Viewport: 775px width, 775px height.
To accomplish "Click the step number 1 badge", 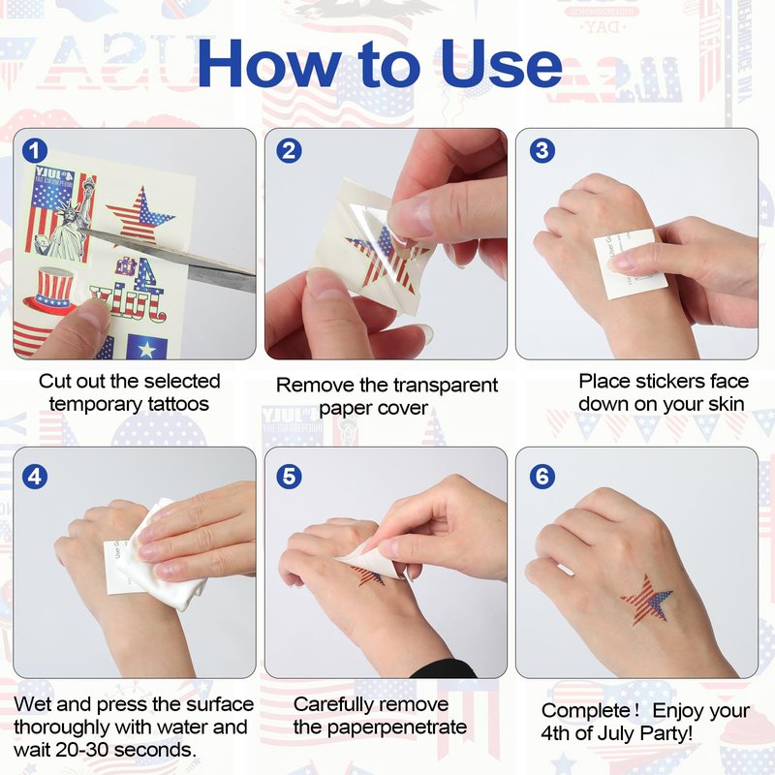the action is (x=35, y=151).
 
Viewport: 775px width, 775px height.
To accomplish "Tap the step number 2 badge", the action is (x=289, y=151).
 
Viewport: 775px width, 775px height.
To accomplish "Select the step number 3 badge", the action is (x=542, y=150).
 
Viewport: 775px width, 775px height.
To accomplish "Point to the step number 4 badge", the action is (x=35, y=477).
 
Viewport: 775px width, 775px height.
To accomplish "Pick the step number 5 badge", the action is (x=289, y=477).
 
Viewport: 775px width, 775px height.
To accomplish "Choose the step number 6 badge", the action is (x=542, y=477).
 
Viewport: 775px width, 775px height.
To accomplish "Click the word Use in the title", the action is (x=501, y=64).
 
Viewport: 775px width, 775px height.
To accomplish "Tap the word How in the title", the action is (x=269, y=63).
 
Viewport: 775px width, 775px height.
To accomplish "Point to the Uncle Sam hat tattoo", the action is (x=48, y=293).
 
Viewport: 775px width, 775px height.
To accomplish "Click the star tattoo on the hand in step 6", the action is (x=646, y=598).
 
